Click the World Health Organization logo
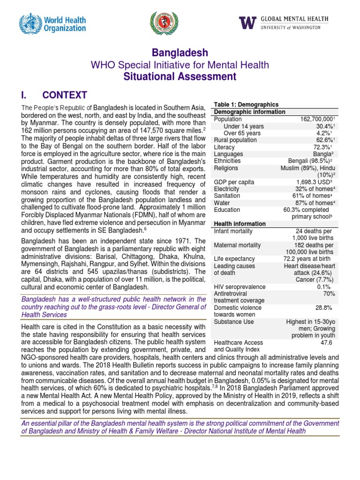[x=52, y=24]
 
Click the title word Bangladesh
[x=180, y=52]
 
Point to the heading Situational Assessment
[x=180, y=76]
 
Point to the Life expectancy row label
[x=234, y=259]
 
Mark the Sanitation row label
[x=227, y=196]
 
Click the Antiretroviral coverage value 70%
[x=329, y=293]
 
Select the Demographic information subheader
[x=249, y=112]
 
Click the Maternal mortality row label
[x=237, y=245]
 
